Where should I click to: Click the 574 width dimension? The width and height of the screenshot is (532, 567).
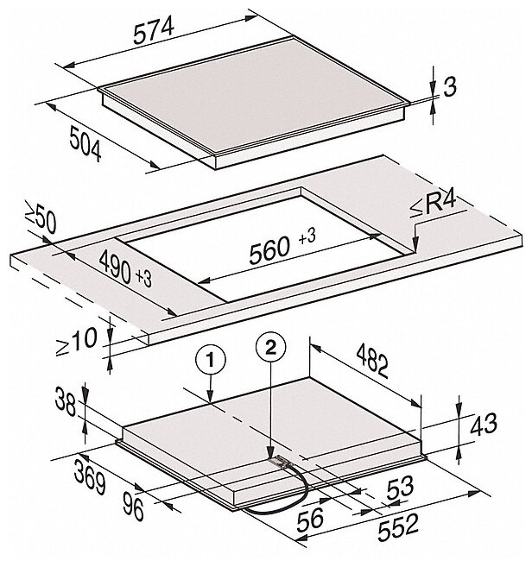click(x=154, y=31)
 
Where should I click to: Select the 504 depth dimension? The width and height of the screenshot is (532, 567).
click(x=85, y=143)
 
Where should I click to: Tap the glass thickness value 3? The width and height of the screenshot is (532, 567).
click(x=450, y=87)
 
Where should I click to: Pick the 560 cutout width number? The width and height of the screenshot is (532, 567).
click(x=269, y=250)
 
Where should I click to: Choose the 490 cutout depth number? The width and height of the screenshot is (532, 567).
click(x=115, y=268)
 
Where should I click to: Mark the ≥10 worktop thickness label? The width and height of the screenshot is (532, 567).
click(x=76, y=342)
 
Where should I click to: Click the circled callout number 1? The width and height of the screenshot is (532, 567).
click(x=211, y=360)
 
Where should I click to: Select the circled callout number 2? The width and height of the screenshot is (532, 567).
click(x=270, y=348)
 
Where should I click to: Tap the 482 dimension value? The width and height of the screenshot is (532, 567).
click(x=372, y=361)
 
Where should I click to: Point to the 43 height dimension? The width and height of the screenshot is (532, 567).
click(x=483, y=424)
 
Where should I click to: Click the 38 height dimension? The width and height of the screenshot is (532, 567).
click(x=66, y=400)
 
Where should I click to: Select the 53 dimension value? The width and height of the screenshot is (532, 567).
click(x=400, y=487)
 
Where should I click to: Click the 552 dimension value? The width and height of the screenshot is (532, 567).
click(x=398, y=529)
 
